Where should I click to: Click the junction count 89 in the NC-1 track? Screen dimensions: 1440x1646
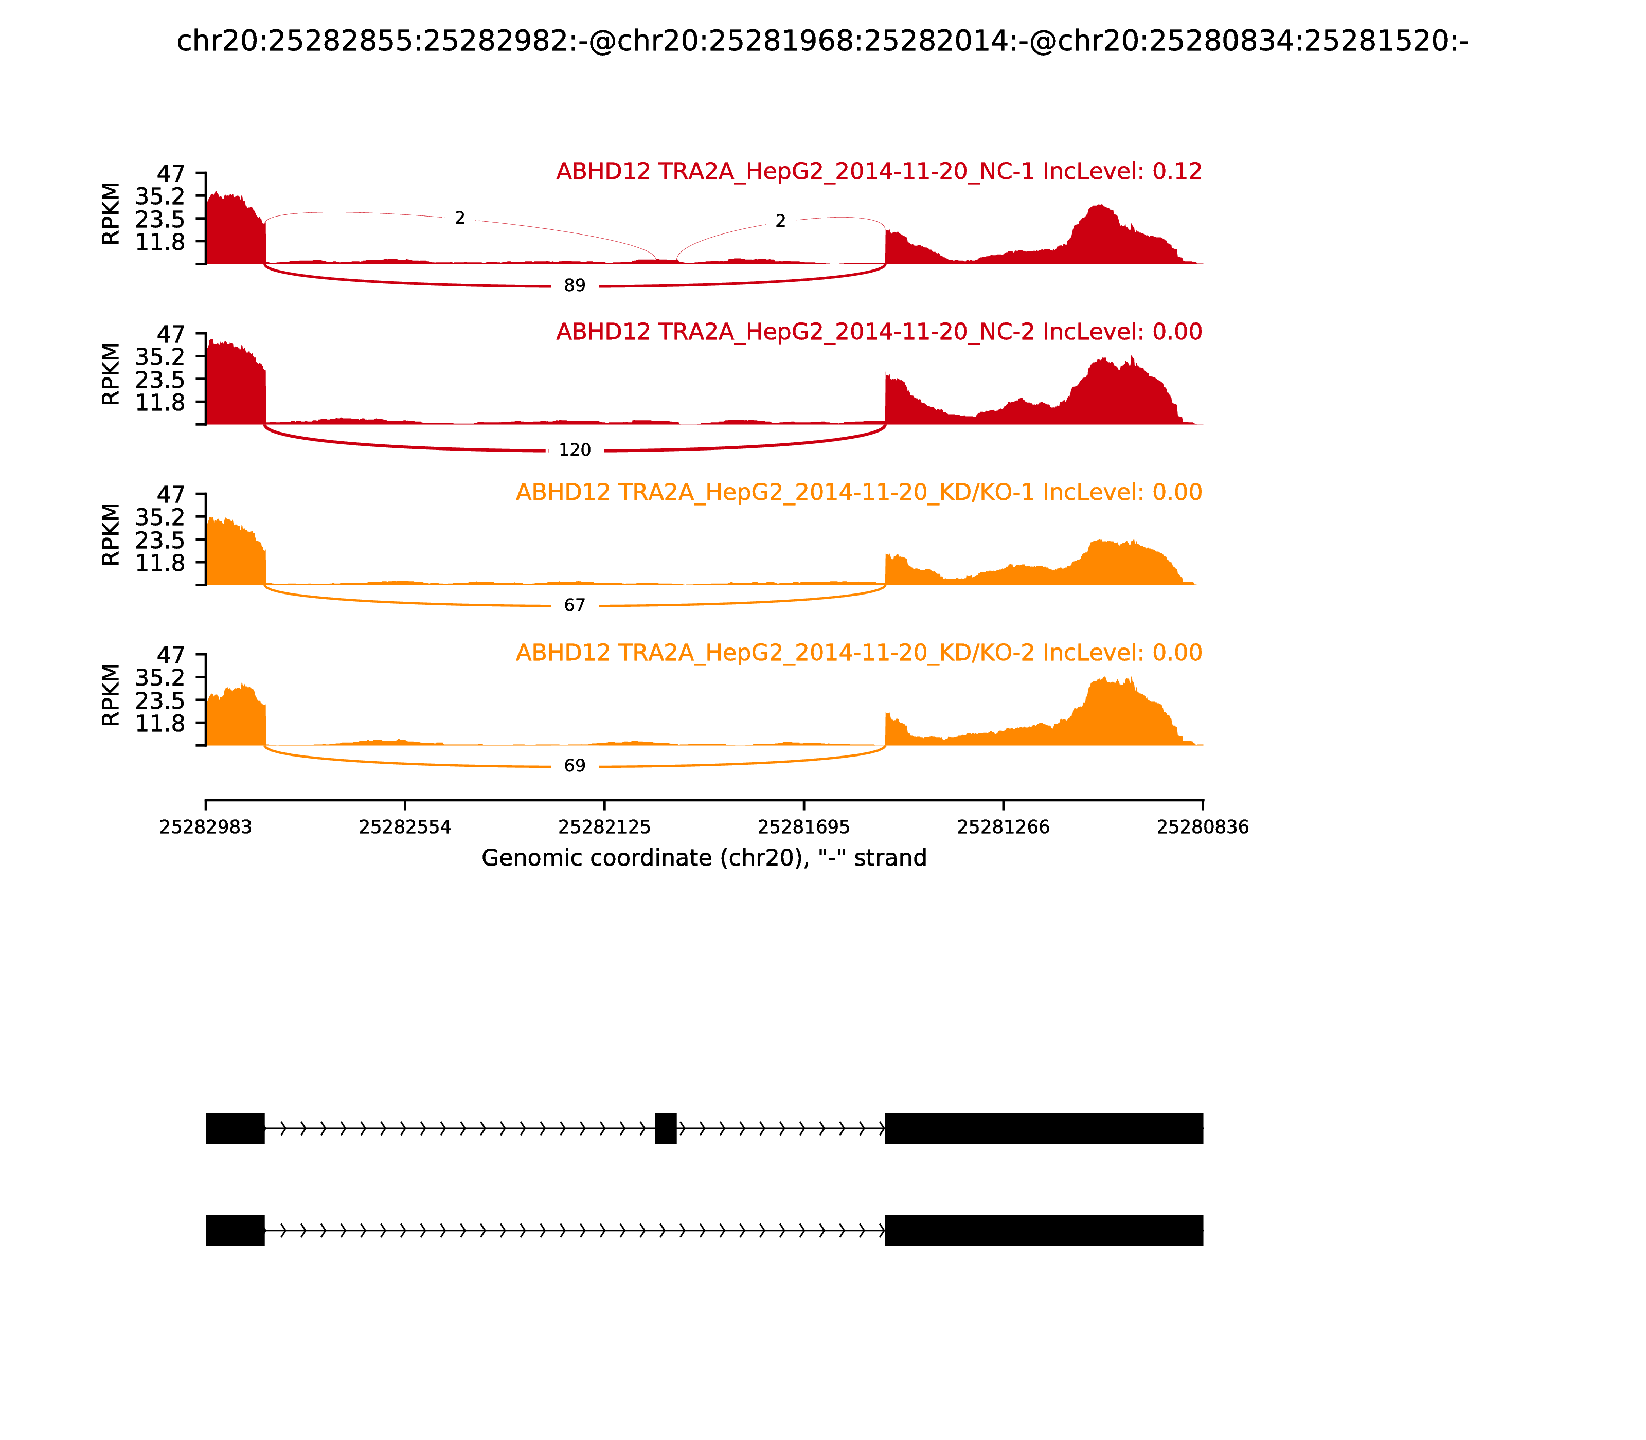[x=575, y=286]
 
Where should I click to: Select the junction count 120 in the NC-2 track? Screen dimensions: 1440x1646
[x=575, y=450]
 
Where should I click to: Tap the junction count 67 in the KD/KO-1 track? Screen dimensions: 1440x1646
[x=575, y=605]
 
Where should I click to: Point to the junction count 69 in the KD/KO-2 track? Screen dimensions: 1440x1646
[x=575, y=766]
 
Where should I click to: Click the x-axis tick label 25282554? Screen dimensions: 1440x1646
[x=405, y=827]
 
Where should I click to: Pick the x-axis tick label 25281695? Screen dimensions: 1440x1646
[x=803, y=827]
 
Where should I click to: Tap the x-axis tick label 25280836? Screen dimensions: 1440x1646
[x=1203, y=827]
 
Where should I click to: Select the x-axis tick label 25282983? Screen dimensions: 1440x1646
[x=206, y=827]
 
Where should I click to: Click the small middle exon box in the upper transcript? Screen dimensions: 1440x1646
[x=666, y=1128]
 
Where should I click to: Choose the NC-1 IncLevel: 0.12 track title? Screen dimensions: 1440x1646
[x=879, y=172]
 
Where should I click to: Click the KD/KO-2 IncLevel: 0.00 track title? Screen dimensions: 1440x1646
[x=858, y=653]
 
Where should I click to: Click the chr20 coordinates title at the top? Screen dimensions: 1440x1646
[x=822, y=42]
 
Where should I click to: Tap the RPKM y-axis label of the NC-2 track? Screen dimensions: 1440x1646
[x=111, y=374]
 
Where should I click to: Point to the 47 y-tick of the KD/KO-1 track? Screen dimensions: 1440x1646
[x=170, y=494]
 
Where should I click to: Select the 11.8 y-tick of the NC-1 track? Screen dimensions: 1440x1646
[x=160, y=242]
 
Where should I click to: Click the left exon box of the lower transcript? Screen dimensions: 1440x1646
[x=235, y=1230]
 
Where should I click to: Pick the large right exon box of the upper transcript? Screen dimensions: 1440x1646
[x=1043, y=1128]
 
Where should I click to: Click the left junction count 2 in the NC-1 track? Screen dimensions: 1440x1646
[x=460, y=219]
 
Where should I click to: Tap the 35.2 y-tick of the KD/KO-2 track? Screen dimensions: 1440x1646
[x=160, y=677]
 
